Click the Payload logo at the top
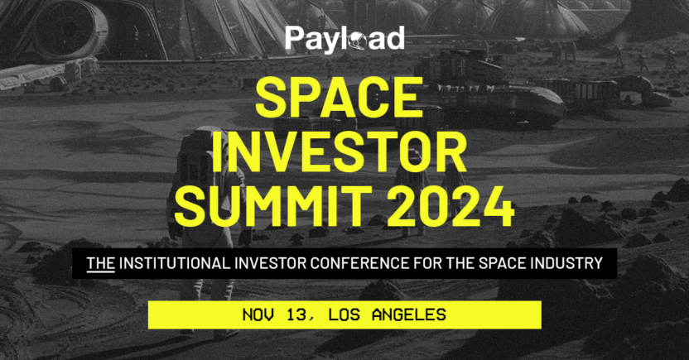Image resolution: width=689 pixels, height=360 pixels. (x=344, y=38)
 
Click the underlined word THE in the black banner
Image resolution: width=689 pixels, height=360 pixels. (x=101, y=264)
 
